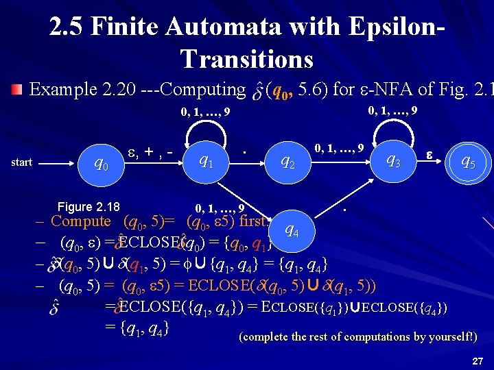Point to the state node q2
pos(288,162)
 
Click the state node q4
pos(292,230)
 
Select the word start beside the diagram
pos(22,162)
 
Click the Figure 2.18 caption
pos(89,207)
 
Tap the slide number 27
pos(478,360)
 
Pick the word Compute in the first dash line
pos(81,221)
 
